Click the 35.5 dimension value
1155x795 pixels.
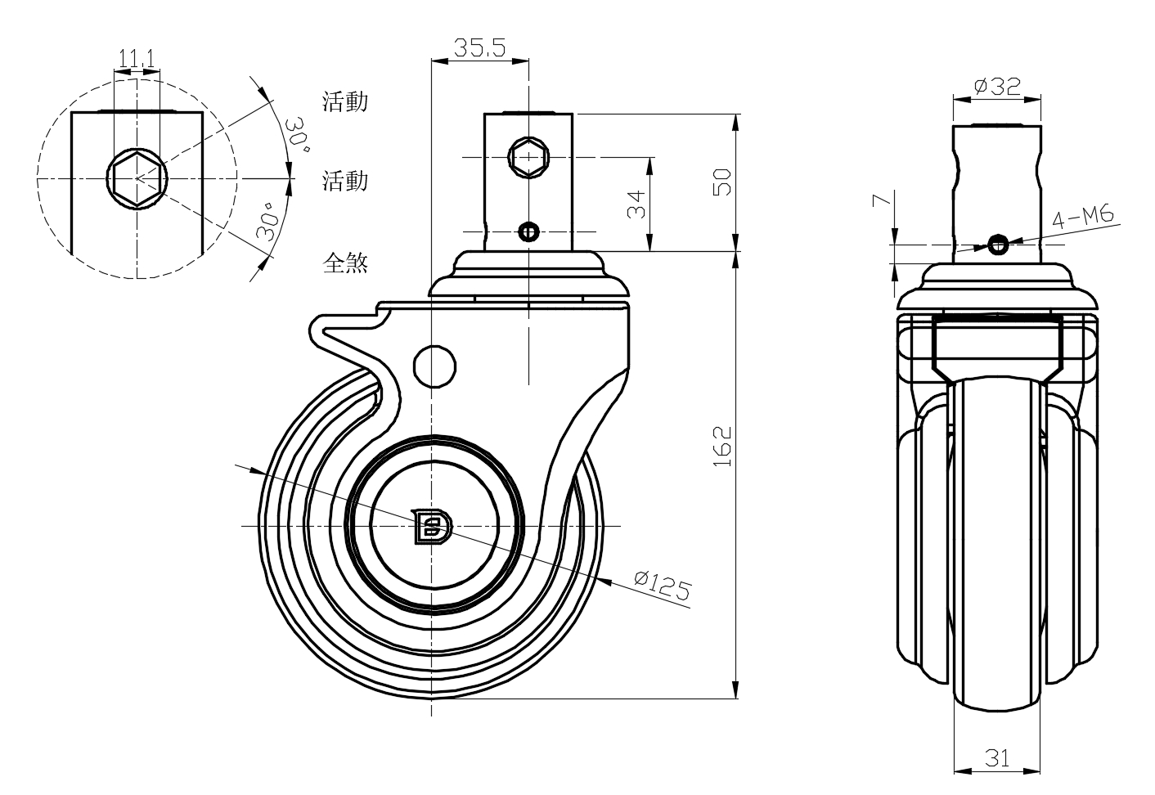coord(479,47)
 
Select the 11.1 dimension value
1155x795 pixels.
coord(137,59)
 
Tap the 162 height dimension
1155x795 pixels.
coord(722,447)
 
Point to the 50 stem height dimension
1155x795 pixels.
coord(722,182)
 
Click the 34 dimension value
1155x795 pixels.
coord(636,204)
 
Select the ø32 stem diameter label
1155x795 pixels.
coord(997,85)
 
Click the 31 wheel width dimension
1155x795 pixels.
coord(996,758)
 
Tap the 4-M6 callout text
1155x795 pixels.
coord(1084,218)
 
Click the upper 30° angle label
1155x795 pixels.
coord(296,135)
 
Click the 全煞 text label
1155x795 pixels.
coord(345,263)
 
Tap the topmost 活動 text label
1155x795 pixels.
coord(345,101)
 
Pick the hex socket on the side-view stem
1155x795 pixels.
coord(528,156)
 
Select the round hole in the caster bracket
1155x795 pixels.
coord(434,366)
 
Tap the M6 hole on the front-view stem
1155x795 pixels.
coord(997,244)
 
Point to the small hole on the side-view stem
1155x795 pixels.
coord(528,232)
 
